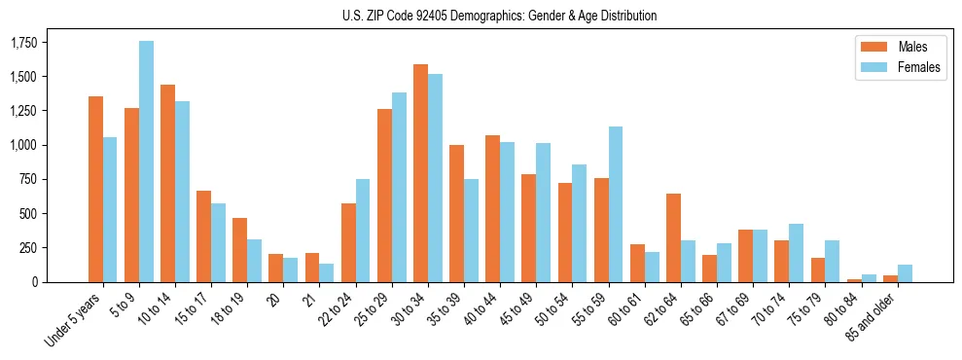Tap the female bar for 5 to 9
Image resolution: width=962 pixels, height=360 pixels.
click(x=146, y=162)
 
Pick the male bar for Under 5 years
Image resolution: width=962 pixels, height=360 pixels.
click(x=95, y=189)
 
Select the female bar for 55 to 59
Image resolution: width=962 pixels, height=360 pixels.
click(x=615, y=204)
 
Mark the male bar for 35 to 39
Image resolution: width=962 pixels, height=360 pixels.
click(x=456, y=213)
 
